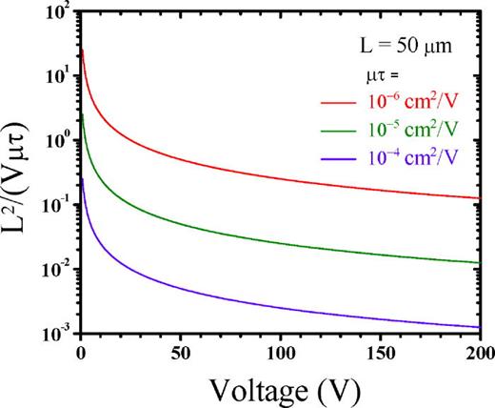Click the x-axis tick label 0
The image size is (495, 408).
tap(80, 353)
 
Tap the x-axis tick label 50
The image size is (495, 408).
tap(180, 353)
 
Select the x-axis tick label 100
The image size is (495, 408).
tap(280, 353)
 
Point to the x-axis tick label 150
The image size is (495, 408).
tap(380, 353)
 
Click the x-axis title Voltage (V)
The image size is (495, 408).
tap(279, 388)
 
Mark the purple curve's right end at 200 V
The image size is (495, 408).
tap(479, 327)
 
